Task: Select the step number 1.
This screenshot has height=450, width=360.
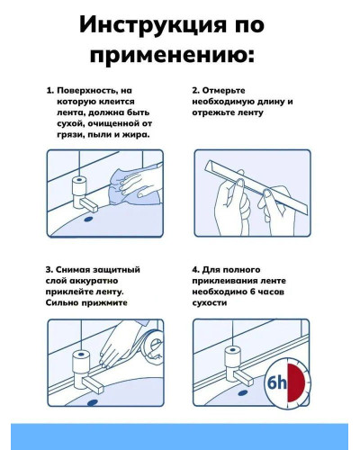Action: pyautogui.click(x=49, y=92)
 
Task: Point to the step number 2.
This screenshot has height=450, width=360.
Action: pyautogui.click(x=195, y=92)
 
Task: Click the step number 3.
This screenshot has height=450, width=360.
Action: pyautogui.click(x=49, y=268)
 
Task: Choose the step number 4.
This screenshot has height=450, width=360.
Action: pyautogui.click(x=195, y=268)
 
